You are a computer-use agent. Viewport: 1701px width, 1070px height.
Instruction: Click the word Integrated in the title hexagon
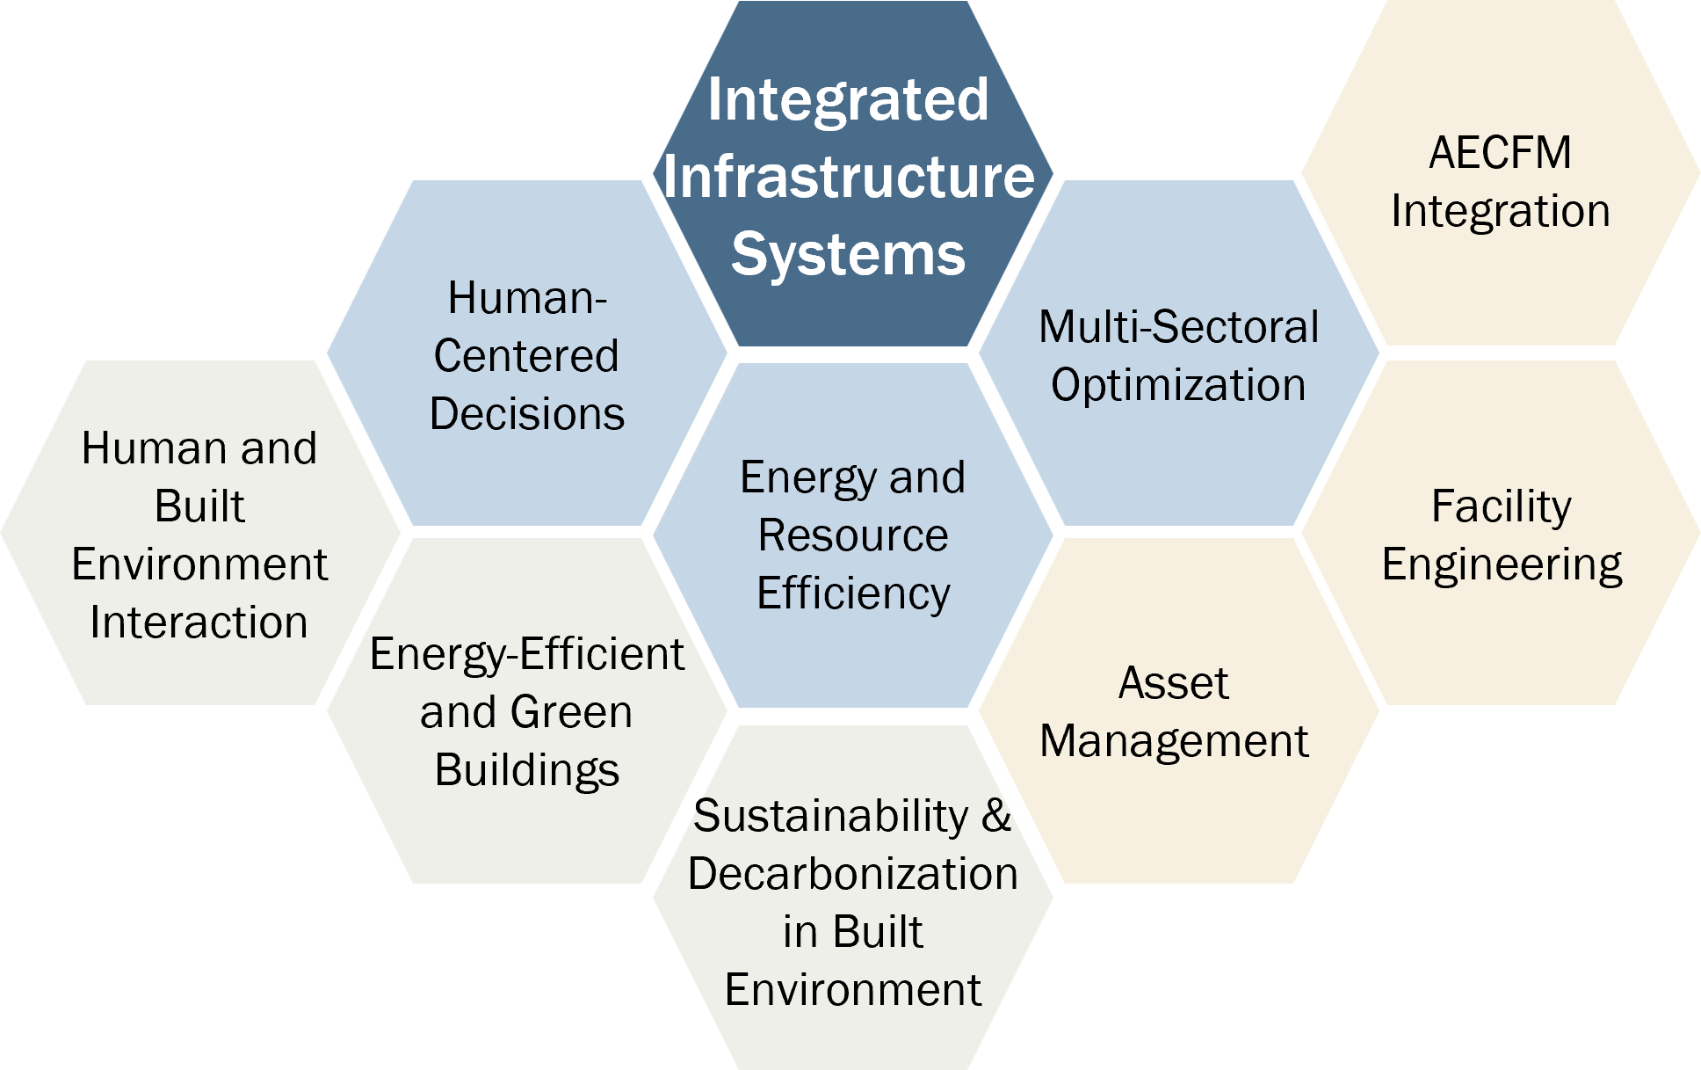(x=848, y=99)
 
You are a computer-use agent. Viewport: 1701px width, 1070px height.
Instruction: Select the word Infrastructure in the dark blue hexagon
(x=849, y=177)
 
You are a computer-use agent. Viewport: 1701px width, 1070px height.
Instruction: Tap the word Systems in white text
(x=848, y=254)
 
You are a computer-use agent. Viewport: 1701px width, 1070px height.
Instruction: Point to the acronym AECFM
(x=1500, y=153)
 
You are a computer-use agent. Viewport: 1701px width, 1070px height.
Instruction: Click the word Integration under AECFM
(x=1501, y=212)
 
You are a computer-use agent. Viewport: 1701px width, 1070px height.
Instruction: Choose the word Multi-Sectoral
(x=1178, y=327)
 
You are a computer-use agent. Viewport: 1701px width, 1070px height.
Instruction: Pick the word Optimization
(x=1178, y=385)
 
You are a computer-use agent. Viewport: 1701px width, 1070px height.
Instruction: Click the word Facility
(x=1501, y=506)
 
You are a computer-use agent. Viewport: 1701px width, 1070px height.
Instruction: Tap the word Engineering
(x=1502, y=565)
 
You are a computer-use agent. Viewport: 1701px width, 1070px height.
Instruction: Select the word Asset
(x=1173, y=683)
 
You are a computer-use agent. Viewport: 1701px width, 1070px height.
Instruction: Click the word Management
(x=1174, y=741)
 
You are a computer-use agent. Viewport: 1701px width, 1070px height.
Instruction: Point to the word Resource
(x=853, y=535)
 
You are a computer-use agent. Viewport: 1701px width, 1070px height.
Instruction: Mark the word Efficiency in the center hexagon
(x=853, y=594)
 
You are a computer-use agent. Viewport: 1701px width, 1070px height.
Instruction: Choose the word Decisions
(x=527, y=414)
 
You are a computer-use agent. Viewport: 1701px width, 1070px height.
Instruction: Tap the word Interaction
(x=199, y=622)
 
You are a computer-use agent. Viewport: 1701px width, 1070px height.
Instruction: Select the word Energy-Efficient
(x=526, y=655)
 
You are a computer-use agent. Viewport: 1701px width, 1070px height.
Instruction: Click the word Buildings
(x=527, y=771)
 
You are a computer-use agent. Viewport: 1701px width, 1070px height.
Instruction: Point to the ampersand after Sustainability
(x=996, y=816)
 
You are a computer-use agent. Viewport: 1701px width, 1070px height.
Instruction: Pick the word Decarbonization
(x=853, y=874)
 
